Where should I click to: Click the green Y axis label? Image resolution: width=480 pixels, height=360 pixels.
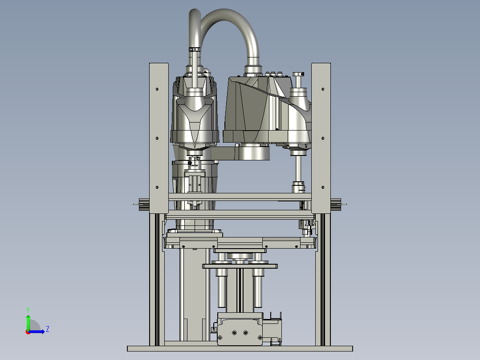click(28, 310)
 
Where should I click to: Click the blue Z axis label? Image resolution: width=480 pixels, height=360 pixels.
click(48, 329)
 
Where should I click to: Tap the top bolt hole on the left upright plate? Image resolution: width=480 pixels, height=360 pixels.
click(157, 89)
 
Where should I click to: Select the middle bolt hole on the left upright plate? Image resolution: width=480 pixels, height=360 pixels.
click(157, 138)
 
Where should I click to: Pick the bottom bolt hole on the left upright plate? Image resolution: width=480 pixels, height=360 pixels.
click(157, 187)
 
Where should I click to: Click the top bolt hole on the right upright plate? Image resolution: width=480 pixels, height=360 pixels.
click(323, 89)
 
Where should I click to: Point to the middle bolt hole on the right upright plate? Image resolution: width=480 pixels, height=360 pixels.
click(323, 138)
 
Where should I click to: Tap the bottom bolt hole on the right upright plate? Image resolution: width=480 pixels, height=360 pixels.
click(323, 187)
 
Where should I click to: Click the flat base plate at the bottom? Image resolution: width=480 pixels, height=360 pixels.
click(240, 349)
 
